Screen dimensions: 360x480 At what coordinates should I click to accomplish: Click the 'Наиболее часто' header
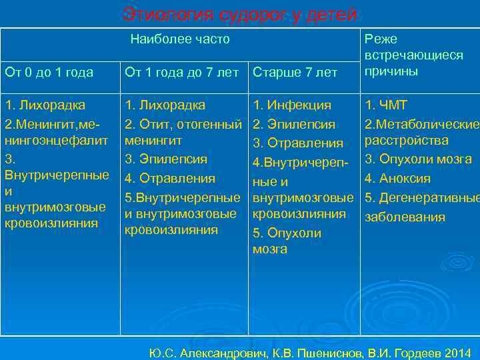pos(180,39)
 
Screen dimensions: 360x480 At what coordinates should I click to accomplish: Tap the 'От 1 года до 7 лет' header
pos(182,72)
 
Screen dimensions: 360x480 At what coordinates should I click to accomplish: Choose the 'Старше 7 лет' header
pos(295,72)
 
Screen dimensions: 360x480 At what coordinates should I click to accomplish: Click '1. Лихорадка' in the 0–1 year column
pos(45,105)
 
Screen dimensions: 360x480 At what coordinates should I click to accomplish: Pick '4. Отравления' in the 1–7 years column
pos(170,178)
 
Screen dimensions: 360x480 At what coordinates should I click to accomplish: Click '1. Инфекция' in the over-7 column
pos(292,105)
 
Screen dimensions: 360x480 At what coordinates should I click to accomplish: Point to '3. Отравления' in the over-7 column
pos(297,143)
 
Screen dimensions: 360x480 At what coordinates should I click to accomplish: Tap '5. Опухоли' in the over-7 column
pos(287,233)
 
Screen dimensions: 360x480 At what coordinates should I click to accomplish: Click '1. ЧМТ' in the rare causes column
pos(385,105)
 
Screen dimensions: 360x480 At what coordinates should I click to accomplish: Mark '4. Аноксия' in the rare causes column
pos(397,178)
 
